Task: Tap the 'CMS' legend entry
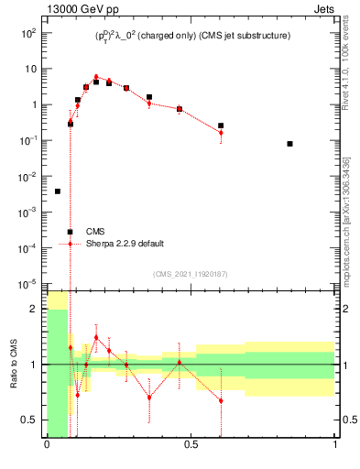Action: point(96,232)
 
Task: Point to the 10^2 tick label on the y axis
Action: point(27,32)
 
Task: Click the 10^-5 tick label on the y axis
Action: point(27,284)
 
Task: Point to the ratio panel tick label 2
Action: point(34,310)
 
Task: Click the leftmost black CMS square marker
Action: point(58,191)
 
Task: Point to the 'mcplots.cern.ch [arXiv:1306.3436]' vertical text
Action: point(345,211)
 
